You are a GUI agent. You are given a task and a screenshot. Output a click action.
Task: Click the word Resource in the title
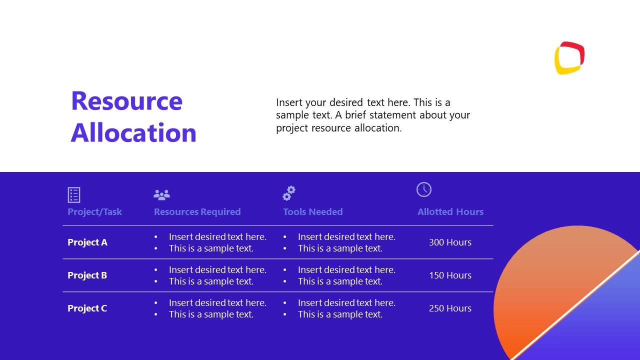click(x=126, y=101)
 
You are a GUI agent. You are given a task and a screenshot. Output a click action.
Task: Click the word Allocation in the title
click(x=133, y=132)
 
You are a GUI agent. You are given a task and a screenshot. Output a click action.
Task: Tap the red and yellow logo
click(x=569, y=58)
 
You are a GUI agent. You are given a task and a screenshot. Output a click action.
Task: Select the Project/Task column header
click(x=94, y=212)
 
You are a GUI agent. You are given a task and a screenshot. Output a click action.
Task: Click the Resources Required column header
click(x=197, y=212)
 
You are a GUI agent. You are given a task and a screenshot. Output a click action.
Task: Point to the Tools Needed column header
click(x=312, y=212)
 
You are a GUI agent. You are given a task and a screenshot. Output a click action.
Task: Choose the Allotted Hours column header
click(x=450, y=212)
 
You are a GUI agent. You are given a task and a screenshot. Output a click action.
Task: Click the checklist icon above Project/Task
click(x=74, y=194)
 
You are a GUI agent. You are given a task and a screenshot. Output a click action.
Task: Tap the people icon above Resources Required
click(x=161, y=194)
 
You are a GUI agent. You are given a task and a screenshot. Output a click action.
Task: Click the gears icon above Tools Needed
click(x=289, y=193)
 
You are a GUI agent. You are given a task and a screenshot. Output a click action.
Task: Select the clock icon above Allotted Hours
click(x=424, y=189)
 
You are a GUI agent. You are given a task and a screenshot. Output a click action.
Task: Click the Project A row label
click(x=87, y=242)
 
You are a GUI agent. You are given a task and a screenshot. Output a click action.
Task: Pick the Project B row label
click(x=87, y=275)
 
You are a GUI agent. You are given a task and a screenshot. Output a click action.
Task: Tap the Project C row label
click(x=87, y=308)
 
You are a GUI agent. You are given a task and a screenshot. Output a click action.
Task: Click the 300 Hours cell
click(x=450, y=242)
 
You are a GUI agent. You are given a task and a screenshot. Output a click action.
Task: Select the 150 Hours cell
click(x=450, y=275)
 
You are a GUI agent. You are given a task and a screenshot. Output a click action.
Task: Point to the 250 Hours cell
click(x=450, y=308)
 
